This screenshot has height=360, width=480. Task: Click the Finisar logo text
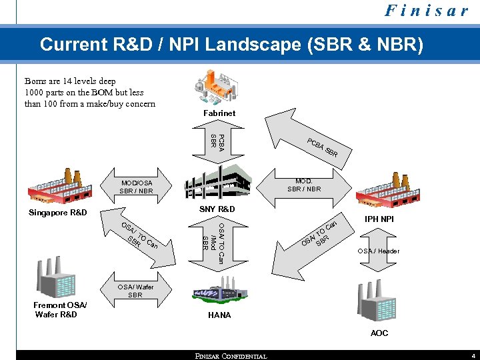click(x=428, y=11)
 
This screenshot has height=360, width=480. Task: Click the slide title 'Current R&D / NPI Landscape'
click(x=231, y=45)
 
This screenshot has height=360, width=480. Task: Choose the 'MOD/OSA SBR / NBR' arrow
click(x=137, y=187)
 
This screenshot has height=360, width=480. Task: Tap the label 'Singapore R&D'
click(x=58, y=213)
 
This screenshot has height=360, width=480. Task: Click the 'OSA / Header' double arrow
click(x=377, y=251)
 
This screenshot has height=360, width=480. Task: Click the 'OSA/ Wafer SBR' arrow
click(x=137, y=291)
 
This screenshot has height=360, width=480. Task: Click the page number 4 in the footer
click(x=472, y=355)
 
